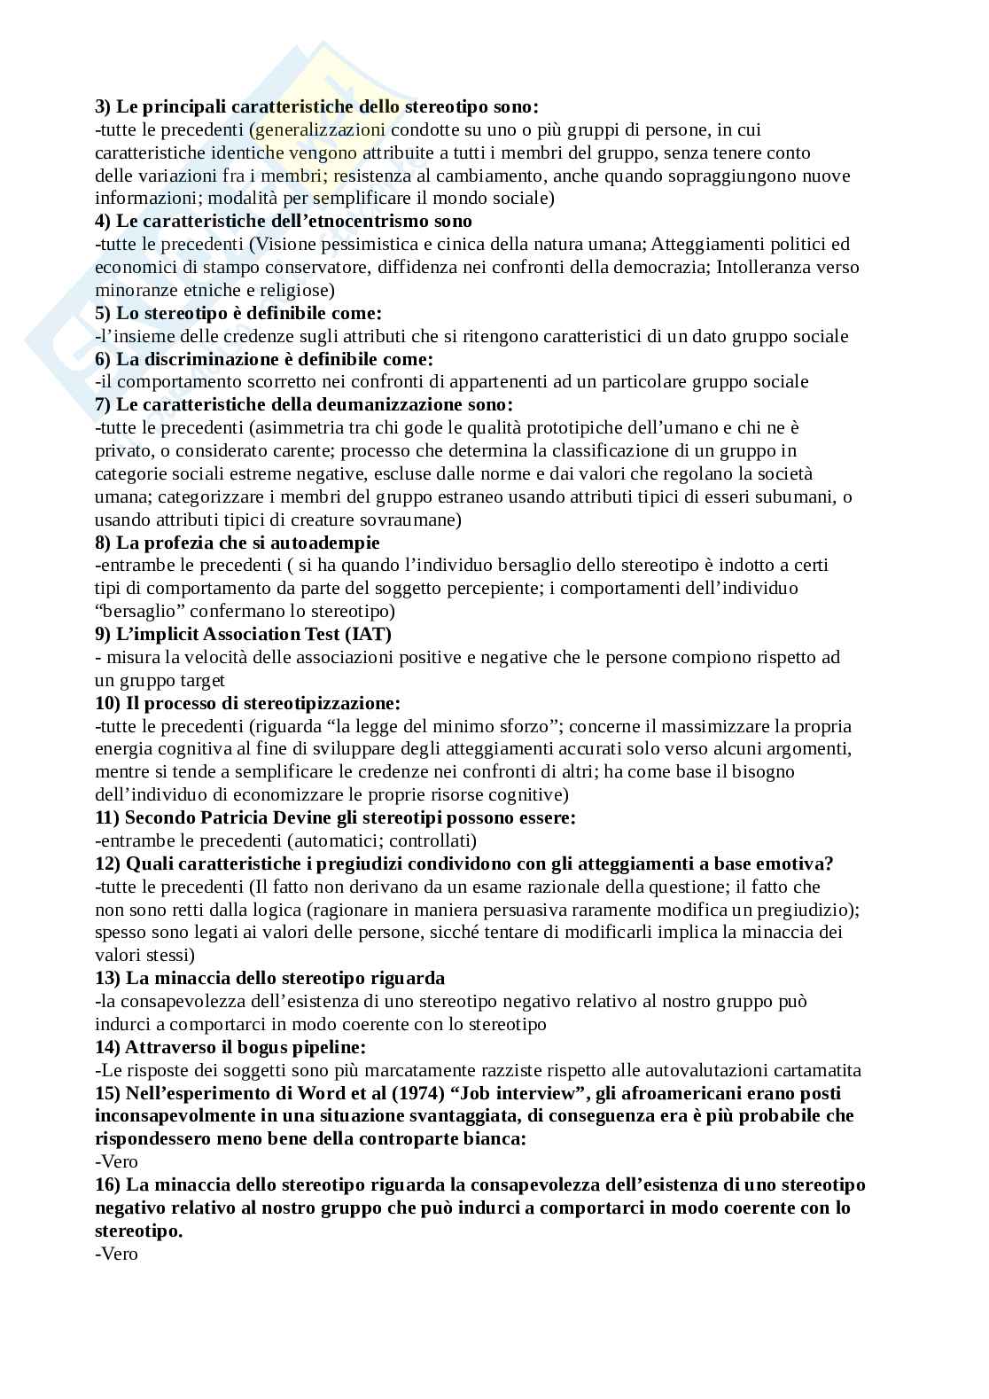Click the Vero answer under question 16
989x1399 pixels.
point(116,1254)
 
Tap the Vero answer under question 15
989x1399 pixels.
point(116,1161)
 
